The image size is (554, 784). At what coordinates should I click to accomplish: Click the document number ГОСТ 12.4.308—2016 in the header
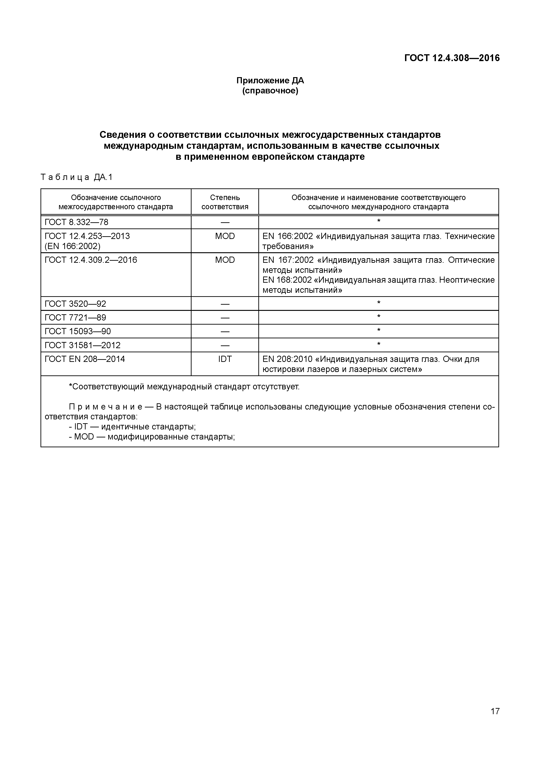click(451, 58)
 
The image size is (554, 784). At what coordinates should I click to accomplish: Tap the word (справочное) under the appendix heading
click(270, 91)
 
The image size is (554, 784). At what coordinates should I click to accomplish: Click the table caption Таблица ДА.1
click(76, 177)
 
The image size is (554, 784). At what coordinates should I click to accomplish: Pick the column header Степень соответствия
click(225, 202)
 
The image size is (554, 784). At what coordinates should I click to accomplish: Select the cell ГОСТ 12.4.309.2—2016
click(91, 260)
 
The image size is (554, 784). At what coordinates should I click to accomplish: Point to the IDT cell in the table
click(225, 359)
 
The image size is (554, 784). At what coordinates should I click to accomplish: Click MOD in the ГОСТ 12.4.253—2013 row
click(225, 236)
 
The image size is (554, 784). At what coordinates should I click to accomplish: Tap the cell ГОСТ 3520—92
click(76, 304)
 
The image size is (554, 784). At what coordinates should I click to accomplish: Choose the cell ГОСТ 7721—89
click(76, 318)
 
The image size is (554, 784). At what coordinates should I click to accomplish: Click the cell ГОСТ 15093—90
click(78, 331)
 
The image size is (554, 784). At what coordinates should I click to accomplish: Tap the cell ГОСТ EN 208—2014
click(85, 359)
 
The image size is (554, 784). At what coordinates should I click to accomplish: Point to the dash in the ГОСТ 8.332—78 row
click(225, 222)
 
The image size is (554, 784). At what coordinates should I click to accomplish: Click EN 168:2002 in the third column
click(287, 280)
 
